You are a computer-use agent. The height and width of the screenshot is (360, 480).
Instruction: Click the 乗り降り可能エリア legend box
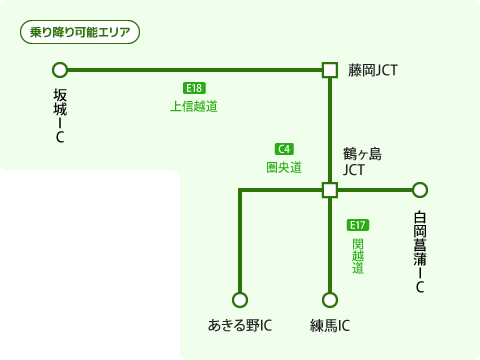click(80, 32)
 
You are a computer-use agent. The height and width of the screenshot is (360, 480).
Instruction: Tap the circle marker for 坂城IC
click(60, 70)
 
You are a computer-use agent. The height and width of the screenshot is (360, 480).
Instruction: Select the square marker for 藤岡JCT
click(330, 70)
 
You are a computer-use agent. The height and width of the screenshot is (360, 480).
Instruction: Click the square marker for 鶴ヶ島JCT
click(330, 190)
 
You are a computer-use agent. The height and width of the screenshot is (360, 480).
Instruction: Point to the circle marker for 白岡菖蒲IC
click(420, 190)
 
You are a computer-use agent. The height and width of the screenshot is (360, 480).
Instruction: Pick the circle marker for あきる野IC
click(240, 300)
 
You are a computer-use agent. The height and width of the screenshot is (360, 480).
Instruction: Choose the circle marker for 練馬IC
click(330, 300)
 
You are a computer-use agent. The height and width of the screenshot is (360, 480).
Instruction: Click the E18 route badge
click(194, 88)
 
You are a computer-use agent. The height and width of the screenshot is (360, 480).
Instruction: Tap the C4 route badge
click(284, 149)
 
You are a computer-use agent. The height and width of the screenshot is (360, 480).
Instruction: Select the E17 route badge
click(358, 225)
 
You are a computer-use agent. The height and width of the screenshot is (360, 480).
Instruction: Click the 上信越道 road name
click(194, 106)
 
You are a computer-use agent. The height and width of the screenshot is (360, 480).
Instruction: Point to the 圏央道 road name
click(284, 167)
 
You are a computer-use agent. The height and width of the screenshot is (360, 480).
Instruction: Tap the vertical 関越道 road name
click(358, 256)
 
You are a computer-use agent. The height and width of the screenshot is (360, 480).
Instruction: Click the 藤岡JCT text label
click(373, 70)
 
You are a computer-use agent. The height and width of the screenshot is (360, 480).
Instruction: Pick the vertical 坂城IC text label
click(60, 115)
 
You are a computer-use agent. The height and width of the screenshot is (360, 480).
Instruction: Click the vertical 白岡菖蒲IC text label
click(420, 252)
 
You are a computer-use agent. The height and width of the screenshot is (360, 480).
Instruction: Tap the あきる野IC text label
click(240, 325)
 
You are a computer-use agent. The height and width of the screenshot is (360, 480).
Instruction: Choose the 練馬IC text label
click(330, 325)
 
